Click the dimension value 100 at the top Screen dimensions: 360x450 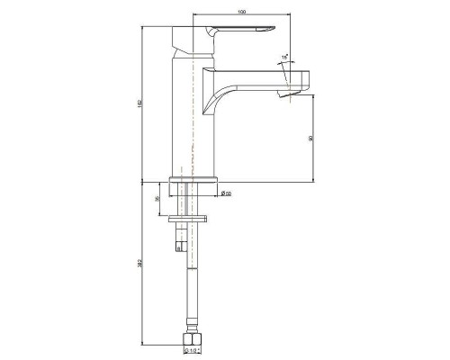[241, 11]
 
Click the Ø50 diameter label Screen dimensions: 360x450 [227, 191]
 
